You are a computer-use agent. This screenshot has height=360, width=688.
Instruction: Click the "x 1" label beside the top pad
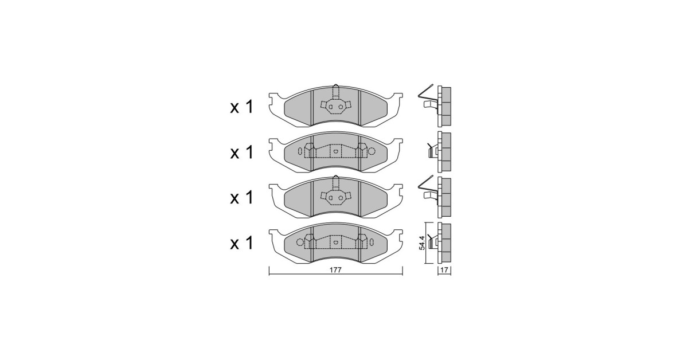pos(241,108)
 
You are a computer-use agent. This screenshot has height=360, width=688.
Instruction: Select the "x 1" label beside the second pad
pos(241,152)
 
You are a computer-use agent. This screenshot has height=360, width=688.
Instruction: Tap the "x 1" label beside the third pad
pos(241,197)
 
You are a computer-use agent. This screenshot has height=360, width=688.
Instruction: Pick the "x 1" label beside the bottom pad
pos(241,242)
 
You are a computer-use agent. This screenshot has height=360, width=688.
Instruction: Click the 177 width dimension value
pos(335,270)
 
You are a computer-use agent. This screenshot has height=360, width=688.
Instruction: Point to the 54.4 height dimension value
pos(422,242)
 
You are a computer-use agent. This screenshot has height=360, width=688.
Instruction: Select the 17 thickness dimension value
pos(444,271)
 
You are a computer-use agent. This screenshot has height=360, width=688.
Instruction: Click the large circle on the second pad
pos(372,151)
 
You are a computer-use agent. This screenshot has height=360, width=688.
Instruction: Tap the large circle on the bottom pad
pos(300,242)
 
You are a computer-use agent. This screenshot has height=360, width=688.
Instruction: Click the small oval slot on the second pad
pos(300,151)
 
